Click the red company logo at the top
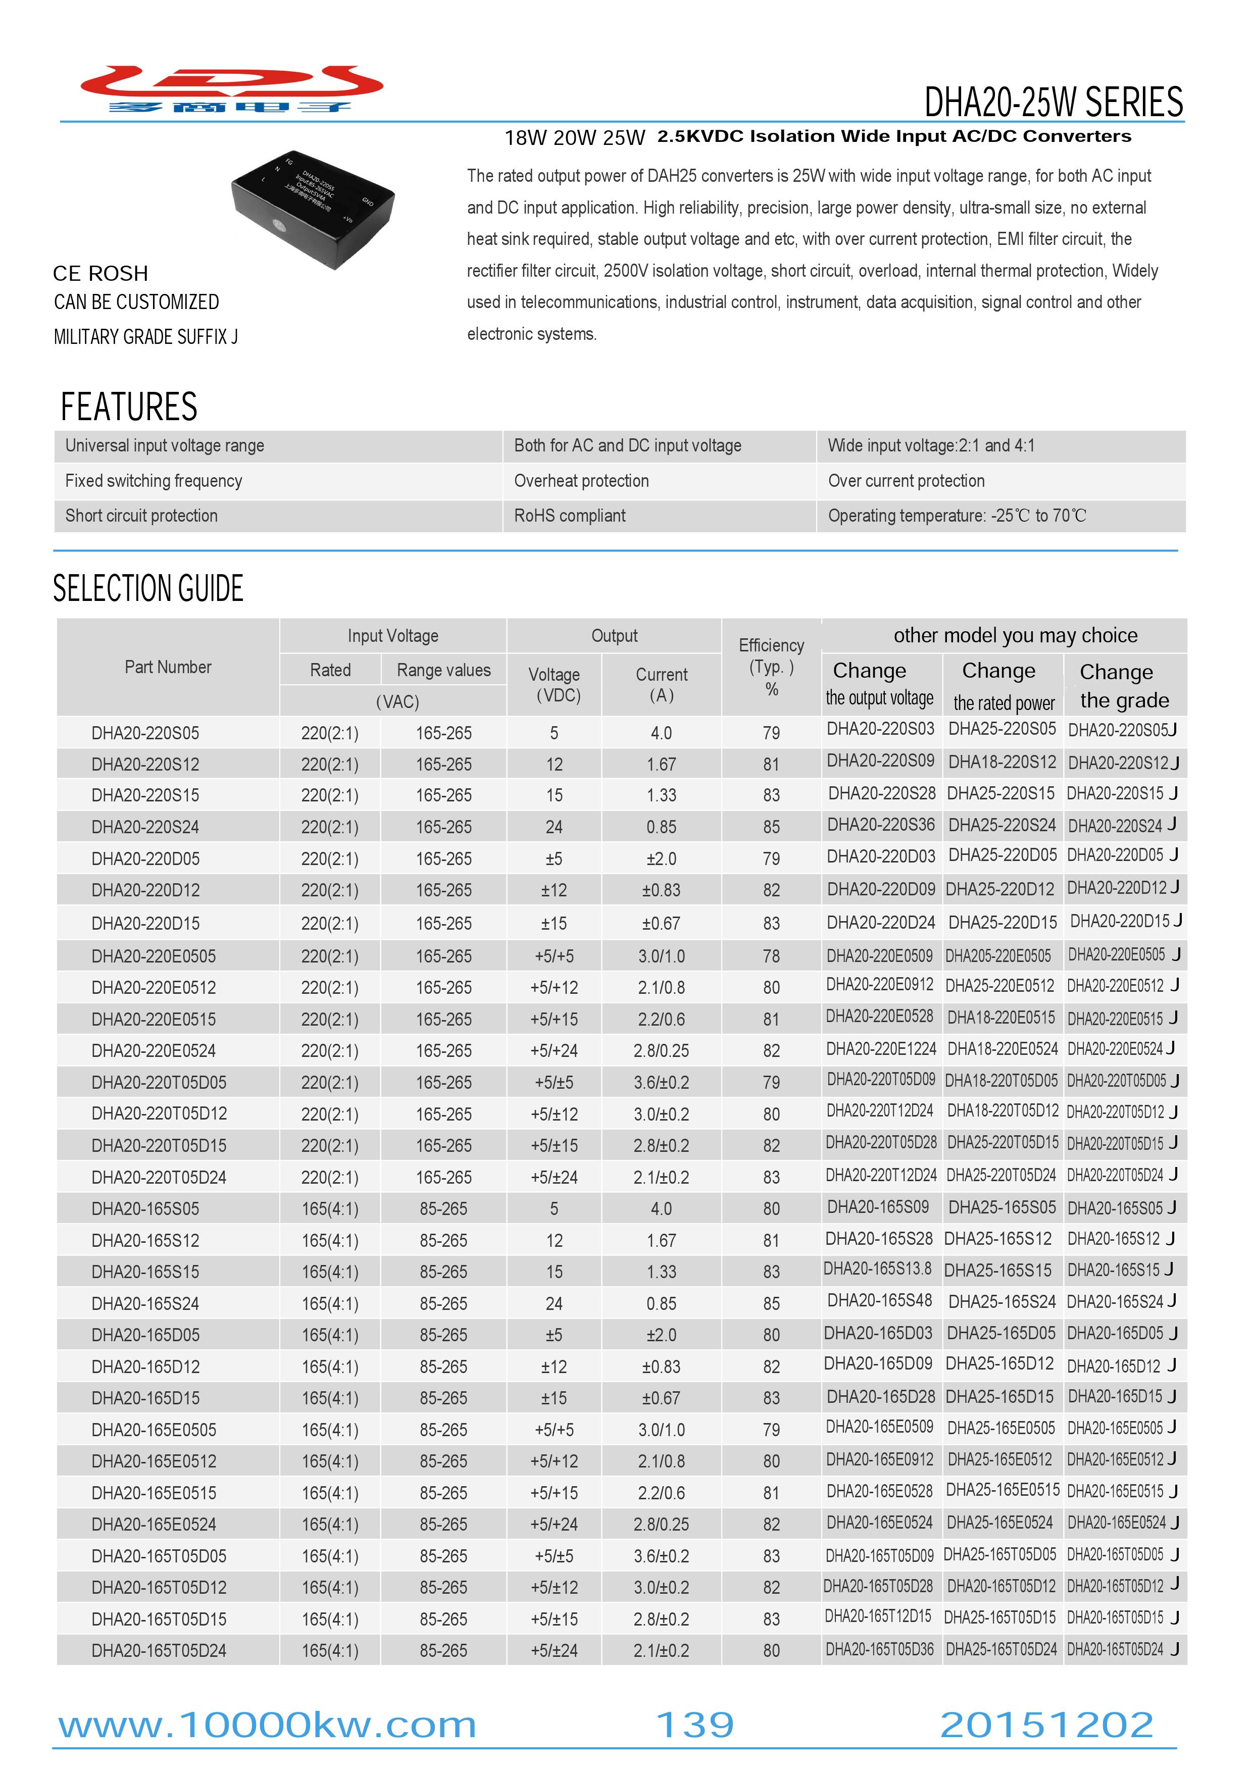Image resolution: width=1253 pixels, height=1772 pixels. click(232, 89)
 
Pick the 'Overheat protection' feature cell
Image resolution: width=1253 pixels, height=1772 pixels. click(581, 481)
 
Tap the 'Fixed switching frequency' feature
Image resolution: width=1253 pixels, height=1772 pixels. click(154, 481)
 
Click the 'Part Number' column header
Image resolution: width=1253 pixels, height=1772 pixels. click(168, 667)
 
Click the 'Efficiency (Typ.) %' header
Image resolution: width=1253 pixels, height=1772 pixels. click(771, 667)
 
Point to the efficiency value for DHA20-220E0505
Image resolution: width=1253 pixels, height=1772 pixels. click(771, 956)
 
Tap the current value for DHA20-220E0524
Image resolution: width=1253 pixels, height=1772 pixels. click(661, 1050)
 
